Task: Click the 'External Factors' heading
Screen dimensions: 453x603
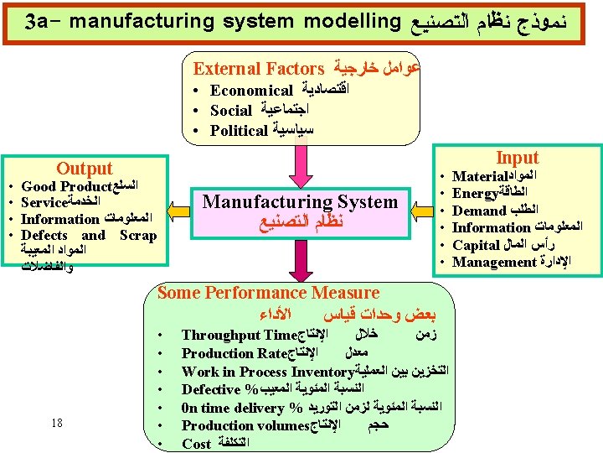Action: [259, 69]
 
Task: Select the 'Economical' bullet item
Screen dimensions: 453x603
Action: [251, 90]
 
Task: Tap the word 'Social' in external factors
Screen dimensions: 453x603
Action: [231, 110]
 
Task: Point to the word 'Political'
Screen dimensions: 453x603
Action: [239, 130]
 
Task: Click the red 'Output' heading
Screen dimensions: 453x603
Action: [84, 169]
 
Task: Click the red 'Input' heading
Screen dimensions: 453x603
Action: [517, 158]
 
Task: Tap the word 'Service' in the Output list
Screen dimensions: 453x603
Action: [44, 202]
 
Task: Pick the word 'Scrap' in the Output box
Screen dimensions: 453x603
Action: [137, 235]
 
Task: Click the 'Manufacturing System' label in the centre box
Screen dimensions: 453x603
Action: [301, 201]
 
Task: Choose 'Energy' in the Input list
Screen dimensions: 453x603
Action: [477, 194]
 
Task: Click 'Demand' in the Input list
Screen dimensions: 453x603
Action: [480, 211]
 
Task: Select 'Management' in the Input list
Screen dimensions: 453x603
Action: [494, 262]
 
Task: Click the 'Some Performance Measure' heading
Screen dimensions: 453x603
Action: [268, 293]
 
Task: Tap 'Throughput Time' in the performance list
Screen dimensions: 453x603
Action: [240, 335]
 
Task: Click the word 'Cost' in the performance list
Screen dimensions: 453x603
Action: [196, 444]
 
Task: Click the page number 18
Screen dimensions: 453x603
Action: [57, 423]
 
